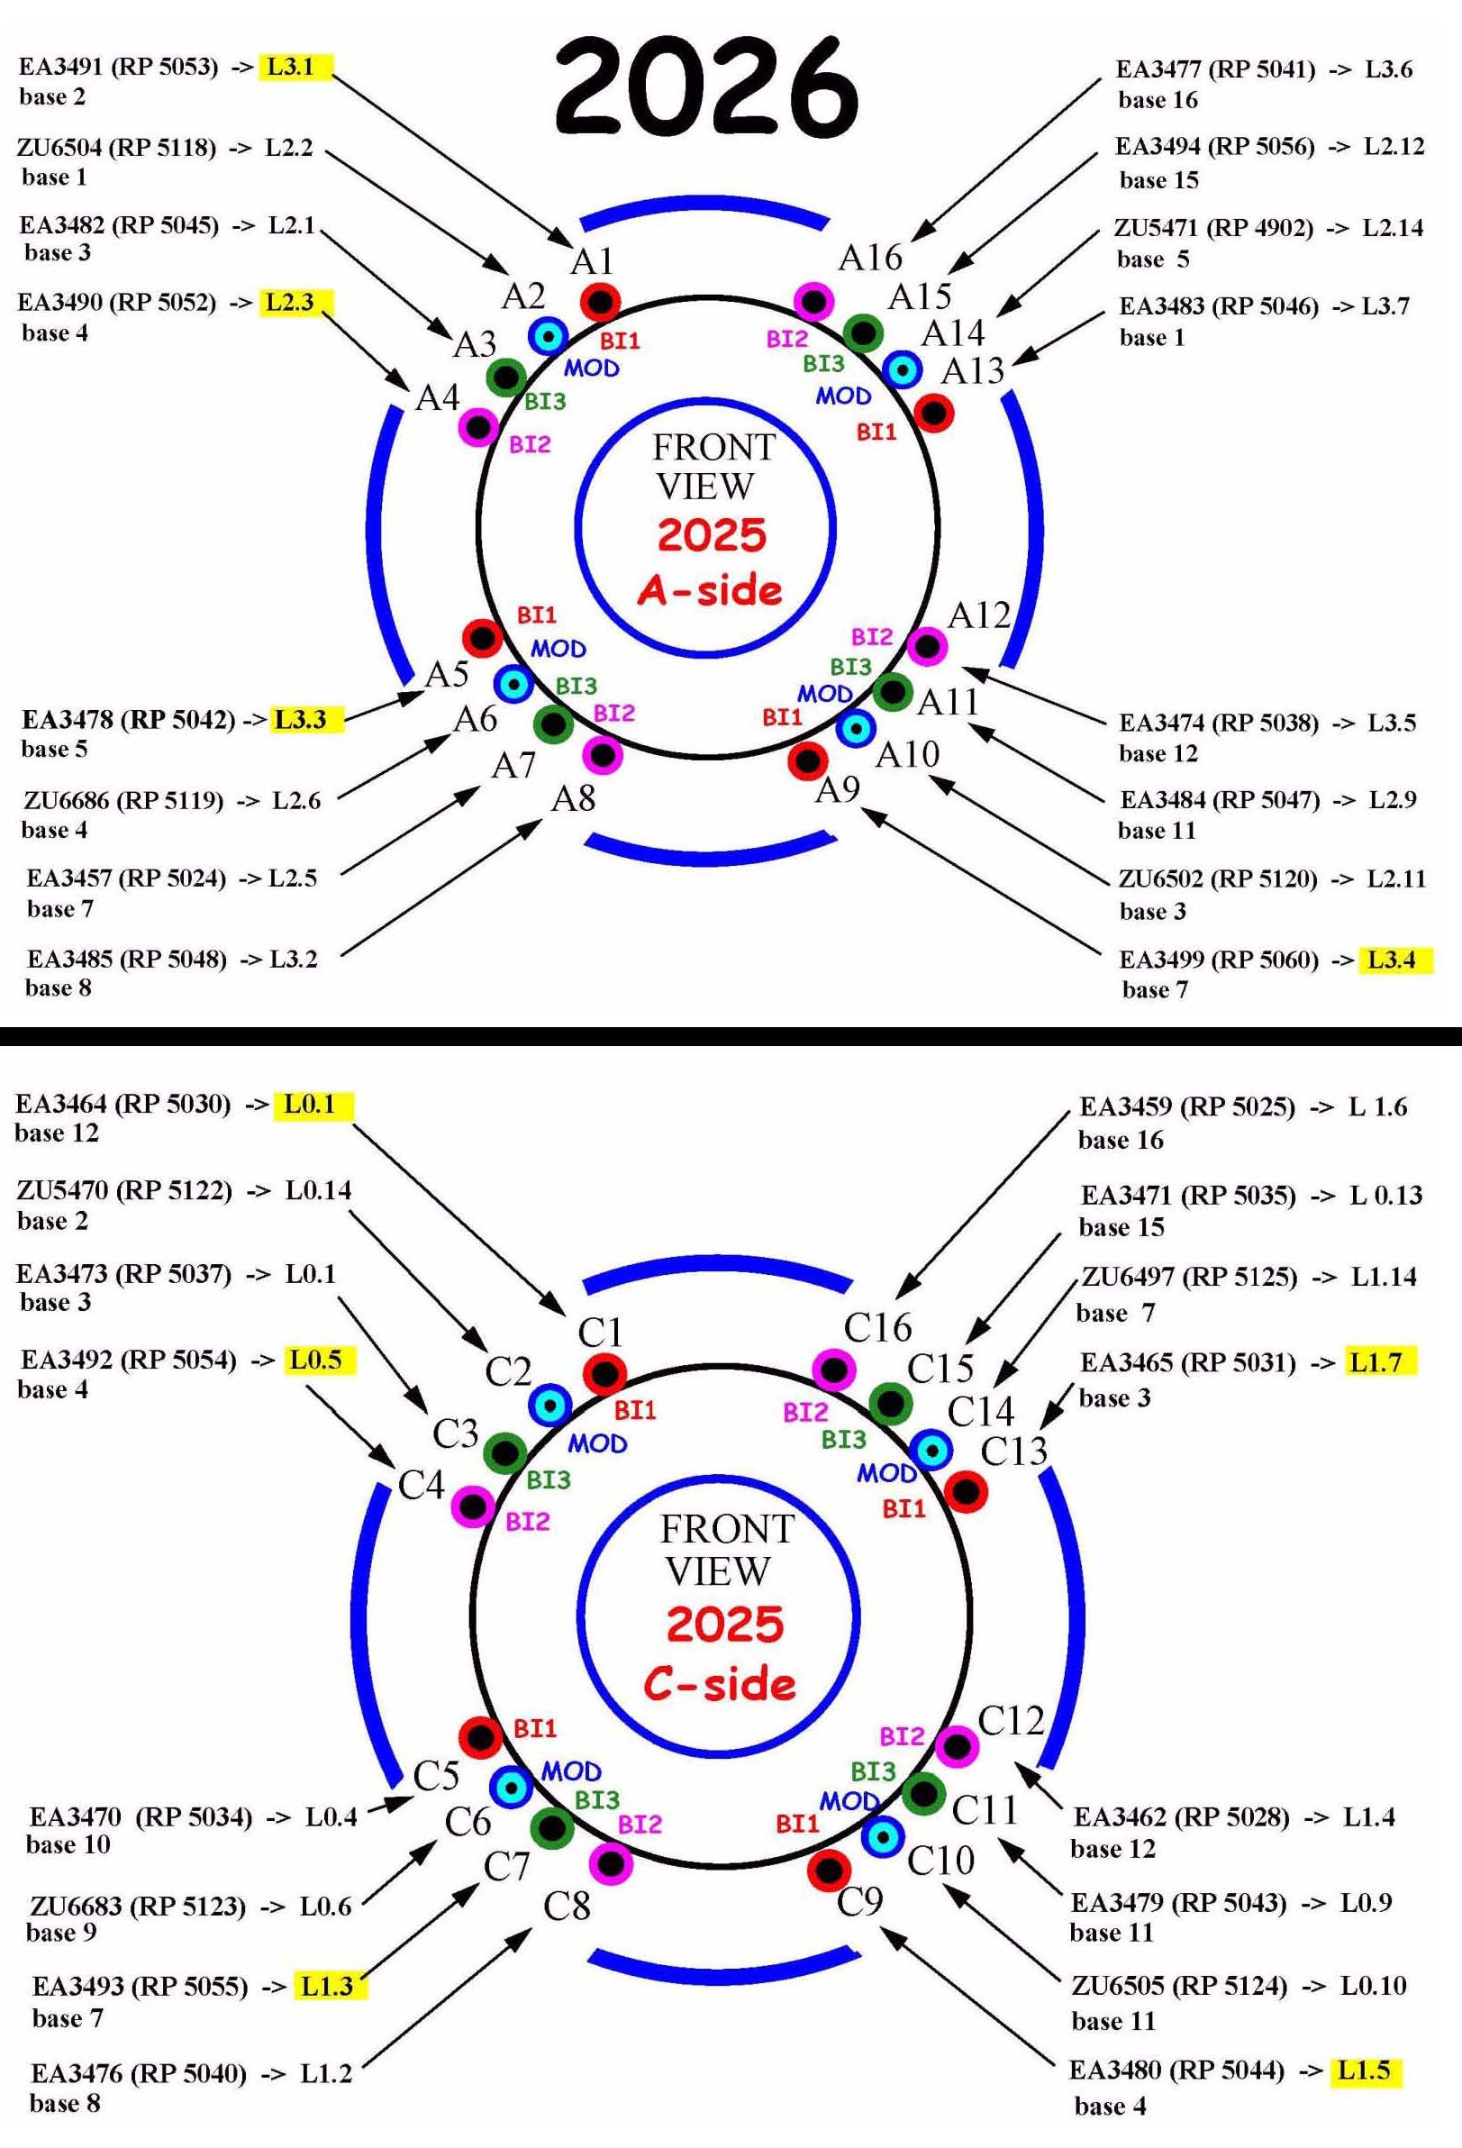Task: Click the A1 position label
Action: point(593,261)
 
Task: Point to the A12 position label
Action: point(978,614)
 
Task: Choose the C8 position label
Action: point(566,1905)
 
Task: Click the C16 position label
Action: point(877,1328)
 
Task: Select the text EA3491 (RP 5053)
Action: point(118,67)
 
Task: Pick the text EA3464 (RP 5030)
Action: point(123,1104)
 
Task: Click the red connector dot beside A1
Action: point(600,300)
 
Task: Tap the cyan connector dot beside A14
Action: point(902,369)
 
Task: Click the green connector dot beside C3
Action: point(504,1454)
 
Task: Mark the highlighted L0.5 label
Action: point(315,1360)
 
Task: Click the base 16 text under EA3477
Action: point(1157,100)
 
